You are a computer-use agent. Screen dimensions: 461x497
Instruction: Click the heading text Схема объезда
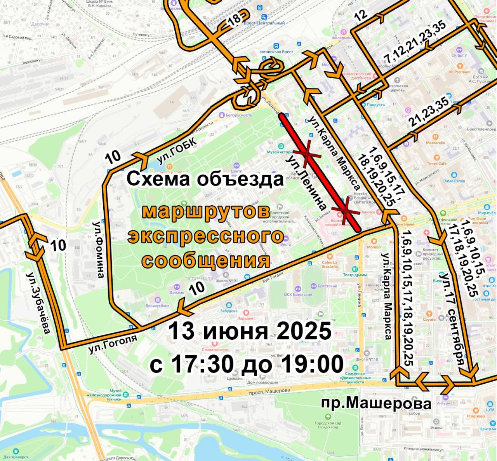coord(205,180)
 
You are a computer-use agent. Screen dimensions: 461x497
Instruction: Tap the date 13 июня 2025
coord(250,331)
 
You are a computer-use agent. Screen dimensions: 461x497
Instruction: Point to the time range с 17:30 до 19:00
coord(247,364)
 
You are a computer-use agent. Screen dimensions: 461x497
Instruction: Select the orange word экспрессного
coord(206,236)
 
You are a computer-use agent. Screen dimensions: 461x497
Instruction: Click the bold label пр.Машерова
coord(376,403)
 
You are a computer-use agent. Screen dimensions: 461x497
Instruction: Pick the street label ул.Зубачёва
coord(39,303)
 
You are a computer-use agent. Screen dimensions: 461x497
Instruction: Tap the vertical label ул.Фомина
coord(99,250)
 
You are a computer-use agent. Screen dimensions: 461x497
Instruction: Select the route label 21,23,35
coord(429,112)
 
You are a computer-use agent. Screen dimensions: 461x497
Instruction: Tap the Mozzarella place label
coord(435,143)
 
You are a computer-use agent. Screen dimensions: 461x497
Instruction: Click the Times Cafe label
coord(437,164)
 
